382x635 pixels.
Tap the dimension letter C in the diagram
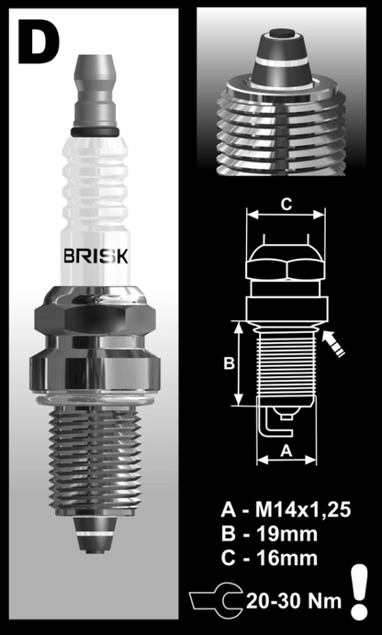(x=286, y=204)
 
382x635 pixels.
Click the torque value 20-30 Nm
(x=293, y=602)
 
